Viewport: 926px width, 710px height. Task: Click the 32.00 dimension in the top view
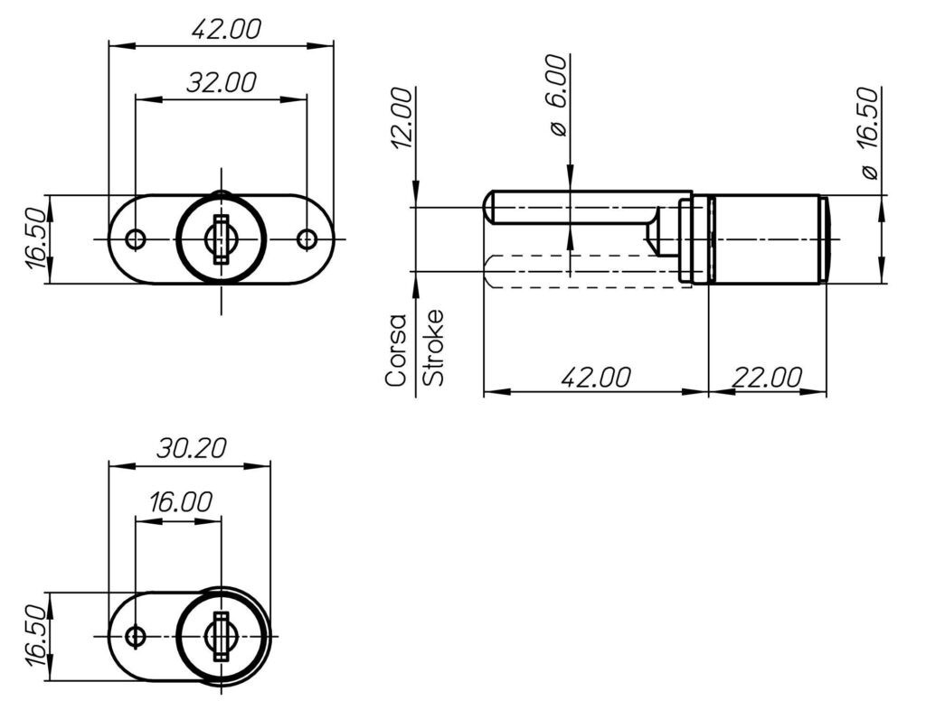[222, 82]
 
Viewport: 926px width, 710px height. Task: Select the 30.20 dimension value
[192, 448]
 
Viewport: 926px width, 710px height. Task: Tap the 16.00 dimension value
[180, 502]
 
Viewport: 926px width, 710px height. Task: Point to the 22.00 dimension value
[767, 377]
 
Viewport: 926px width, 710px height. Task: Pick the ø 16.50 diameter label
[869, 133]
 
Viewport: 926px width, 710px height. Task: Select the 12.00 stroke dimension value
[401, 118]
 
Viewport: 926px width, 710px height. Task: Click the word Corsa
[396, 350]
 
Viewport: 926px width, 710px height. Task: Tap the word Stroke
[434, 348]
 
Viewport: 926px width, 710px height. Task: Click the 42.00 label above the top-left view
[226, 29]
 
